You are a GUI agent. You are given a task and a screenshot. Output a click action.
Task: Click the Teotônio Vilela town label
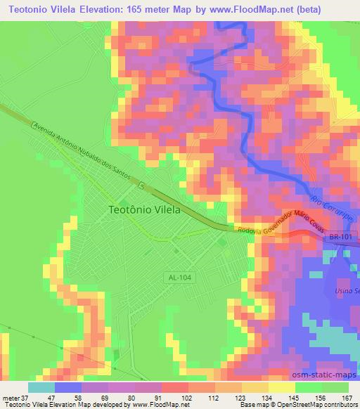coord(145,209)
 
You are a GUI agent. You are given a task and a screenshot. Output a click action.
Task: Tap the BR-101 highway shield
coord(340,239)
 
